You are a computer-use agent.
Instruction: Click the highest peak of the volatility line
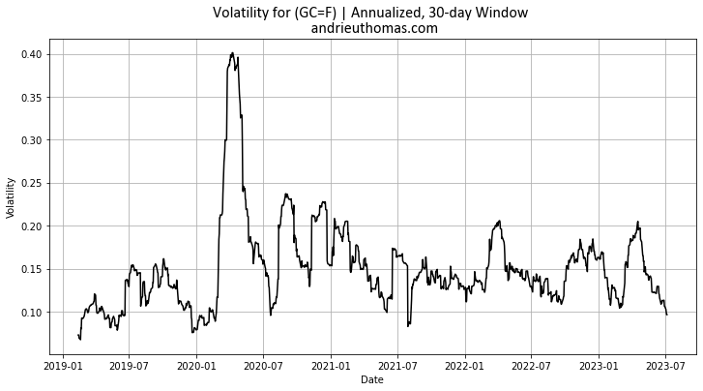pyautogui.click(x=232, y=53)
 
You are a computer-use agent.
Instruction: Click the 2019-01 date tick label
pyautogui.click(x=63, y=368)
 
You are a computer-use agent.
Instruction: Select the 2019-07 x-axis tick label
pyautogui.click(x=129, y=368)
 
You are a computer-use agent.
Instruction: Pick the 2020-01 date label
pyautogui.click(x=196, y=368)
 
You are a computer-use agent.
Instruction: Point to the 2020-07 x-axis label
pyautogui.click(x=263, y=368)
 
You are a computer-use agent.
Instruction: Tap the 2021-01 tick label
pyautogui.click(x=331, y=368)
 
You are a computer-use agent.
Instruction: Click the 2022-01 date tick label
pyautogui.click(x=464, y=368)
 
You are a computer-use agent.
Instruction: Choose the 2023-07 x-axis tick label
pyautogui.click(x=665, y=368)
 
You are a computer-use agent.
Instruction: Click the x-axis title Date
pyautogui.click(x=372, y=380)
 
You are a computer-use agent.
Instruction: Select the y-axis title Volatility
pyautogui.click(x=11, y=197)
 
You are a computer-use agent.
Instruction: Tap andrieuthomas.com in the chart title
pyautogui.click(x=373, y=28)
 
